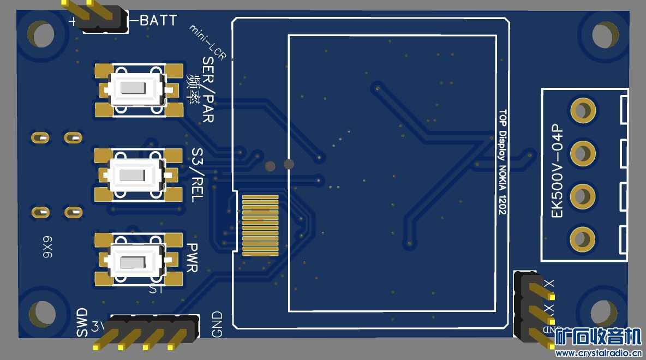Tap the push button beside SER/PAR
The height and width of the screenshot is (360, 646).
137,89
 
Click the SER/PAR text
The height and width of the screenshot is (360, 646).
208,89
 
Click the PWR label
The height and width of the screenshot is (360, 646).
192,257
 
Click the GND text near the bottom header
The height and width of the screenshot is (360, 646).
217,324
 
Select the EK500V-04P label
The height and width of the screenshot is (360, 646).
557,170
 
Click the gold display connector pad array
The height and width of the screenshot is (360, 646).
260,226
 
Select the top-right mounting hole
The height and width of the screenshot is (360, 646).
603,34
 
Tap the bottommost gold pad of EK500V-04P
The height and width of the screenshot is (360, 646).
582,238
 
